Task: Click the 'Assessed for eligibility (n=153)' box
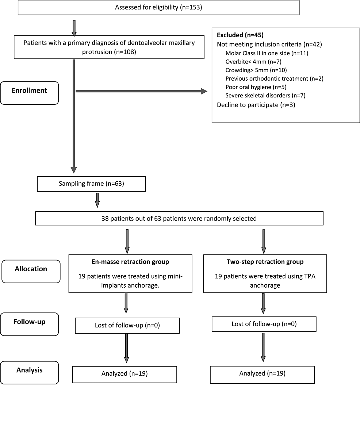[158, 7]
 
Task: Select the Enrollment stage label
[29, 91]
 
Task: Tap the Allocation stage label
[31, 269]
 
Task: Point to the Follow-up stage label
[29, 322]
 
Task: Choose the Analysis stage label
[29, 370]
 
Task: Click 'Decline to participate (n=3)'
[256, 105]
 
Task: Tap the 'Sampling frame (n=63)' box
[91, 184]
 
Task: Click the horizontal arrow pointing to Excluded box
[141, 91]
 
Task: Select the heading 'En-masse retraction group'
[130, 262]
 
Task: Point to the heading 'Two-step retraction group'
[265, 262]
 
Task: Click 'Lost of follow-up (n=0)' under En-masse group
[127, 325]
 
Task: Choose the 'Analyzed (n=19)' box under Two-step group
[262, 373]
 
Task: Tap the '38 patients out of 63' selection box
[179, 219]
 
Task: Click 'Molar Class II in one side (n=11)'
[267, 53]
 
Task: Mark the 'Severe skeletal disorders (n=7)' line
[265, 96]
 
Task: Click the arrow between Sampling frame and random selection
[97, 199]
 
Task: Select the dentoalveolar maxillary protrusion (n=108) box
[109, 47]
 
